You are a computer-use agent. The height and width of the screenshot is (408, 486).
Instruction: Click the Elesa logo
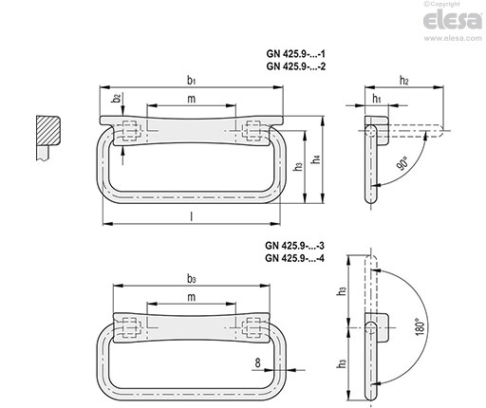[x=453, y=21]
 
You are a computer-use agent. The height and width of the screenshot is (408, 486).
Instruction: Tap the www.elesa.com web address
[x=453, y=38]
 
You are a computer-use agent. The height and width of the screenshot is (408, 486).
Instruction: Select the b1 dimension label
[x=191, y=81]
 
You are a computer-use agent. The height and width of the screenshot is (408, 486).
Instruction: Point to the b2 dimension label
[x=117, y=98]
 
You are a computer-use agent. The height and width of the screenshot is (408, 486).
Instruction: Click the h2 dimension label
[x=404, y=81]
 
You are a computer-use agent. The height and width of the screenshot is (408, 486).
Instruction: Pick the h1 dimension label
[x=377, y=99]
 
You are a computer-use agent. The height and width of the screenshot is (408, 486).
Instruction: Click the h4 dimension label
[x=317, y=158]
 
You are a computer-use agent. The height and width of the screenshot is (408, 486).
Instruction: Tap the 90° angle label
[x=402, y=164]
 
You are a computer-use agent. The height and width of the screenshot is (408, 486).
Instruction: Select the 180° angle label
[x=420, y=327]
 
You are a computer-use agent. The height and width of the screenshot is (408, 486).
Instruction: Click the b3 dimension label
[x=192, y=279]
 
